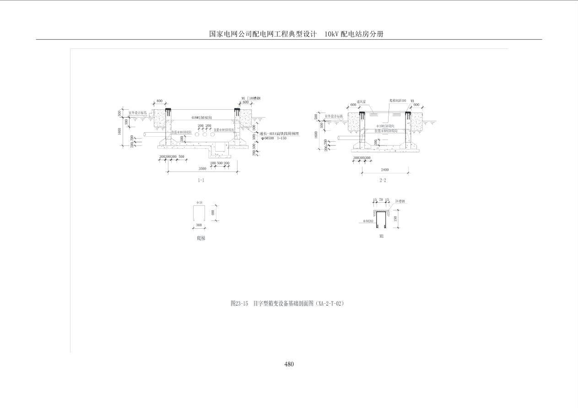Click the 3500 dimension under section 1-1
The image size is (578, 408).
202,168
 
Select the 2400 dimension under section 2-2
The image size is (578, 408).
384,170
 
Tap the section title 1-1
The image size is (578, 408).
201,180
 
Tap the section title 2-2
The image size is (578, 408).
383,180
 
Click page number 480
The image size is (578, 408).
289,364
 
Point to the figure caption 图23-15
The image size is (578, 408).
239,303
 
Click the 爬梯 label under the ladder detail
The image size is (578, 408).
201,238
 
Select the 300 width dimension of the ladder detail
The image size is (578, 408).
199,225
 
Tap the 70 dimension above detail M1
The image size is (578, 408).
381,200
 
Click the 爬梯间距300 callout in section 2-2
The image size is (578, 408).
398,101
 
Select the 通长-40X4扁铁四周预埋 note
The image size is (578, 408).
279,134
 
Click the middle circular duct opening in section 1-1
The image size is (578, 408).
205,134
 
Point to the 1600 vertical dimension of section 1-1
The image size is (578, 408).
120,131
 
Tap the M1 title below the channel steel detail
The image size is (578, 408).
381,236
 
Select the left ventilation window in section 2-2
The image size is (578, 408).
373,111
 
